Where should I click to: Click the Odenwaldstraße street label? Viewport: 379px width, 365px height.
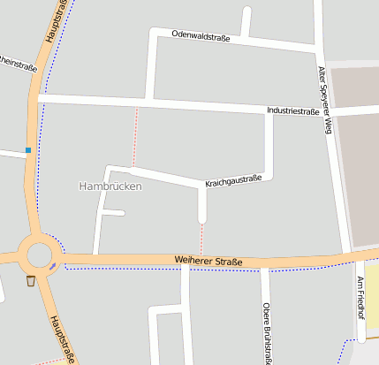coord(201,37)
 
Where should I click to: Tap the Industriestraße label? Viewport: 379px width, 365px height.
coord(292,111)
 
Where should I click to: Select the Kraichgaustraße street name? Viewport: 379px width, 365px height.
coord(233,180)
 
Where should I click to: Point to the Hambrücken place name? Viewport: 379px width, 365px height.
coord(110,186)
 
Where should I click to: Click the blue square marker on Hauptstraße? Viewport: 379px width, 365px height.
coord(28,150)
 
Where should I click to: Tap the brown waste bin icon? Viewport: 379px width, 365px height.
coord(31,281)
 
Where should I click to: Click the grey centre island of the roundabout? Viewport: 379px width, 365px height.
coord(39,255)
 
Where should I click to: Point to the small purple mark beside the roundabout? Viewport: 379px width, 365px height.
coord(53,265)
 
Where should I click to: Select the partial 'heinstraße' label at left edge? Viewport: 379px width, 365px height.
coord(18,65)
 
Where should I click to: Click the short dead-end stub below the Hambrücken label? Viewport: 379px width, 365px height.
coord(112,212)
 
